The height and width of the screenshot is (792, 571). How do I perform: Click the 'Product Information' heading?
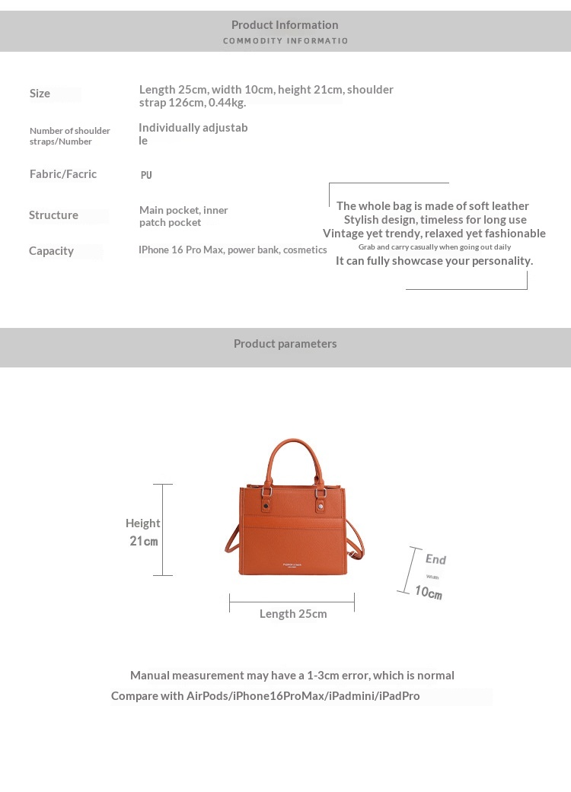click(x=285, y=25)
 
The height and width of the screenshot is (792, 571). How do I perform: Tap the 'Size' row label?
click(x=40, y=94)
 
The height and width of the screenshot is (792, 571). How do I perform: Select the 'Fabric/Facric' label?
click(x=63, y=174)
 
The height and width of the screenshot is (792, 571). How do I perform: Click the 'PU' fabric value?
click(x=146, y=175)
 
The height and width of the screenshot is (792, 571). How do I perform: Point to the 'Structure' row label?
click(x=53, y=215)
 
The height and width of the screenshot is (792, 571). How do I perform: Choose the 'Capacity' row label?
click(x=51, y=251)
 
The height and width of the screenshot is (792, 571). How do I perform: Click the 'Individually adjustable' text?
click(x=193, y=134)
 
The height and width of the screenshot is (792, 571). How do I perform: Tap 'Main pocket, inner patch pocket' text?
click(x=183, y=216)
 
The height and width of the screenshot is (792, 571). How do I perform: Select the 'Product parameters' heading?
click(x=285, y=344)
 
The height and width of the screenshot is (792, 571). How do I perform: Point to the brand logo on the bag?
click(x=292, y=565)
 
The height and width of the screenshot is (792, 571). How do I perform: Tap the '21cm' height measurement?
click(x=143, y=541)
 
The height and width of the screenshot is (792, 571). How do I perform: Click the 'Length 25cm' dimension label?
click(x=293, y=614)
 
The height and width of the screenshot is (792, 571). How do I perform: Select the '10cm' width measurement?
click(x=428, y=592)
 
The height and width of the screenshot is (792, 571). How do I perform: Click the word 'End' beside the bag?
click(x=435, y=559)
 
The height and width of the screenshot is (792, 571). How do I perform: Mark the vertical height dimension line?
click(x=163, y=530)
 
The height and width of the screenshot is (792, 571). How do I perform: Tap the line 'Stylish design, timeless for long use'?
click(x=435, y=220)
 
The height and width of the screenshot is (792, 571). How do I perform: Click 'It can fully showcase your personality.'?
click(x=434, y=261)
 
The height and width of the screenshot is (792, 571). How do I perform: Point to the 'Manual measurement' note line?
click(x=292, y=676)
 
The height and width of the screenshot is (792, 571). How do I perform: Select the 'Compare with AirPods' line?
click(x=265, y=696)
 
